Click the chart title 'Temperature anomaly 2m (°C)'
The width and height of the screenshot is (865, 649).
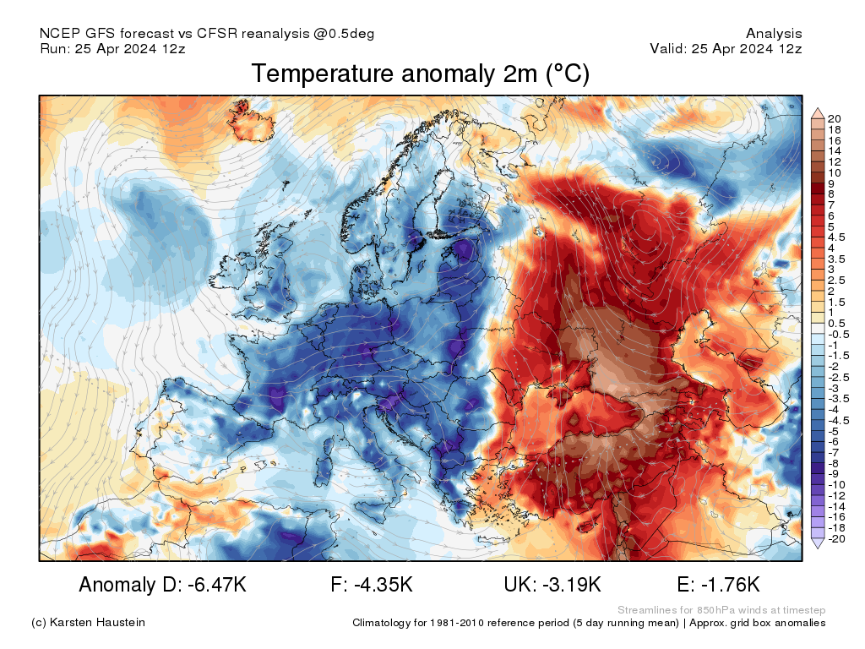point(420,74)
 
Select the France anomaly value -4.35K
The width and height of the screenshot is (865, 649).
point(373,584)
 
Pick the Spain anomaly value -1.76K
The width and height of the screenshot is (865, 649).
point(718,584)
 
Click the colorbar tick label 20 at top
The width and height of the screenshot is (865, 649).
point(834,118)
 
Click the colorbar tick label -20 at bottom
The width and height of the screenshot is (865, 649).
point(836,538)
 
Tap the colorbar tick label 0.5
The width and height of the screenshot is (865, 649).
point(837,323)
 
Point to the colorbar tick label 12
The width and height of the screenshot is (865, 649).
point(834,161)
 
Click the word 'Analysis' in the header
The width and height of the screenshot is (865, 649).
point(774,34)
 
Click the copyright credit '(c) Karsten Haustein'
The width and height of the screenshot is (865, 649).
point(88,623)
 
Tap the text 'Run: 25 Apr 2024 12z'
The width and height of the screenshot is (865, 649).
point(112,49)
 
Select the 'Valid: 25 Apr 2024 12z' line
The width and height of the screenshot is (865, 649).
point(726,49)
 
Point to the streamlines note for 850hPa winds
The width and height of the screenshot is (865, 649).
point(721,610)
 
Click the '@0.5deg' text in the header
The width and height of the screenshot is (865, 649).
point(345,34)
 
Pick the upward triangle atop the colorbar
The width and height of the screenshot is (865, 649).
point(818,113)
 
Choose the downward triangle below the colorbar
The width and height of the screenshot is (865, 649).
point(818,543)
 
